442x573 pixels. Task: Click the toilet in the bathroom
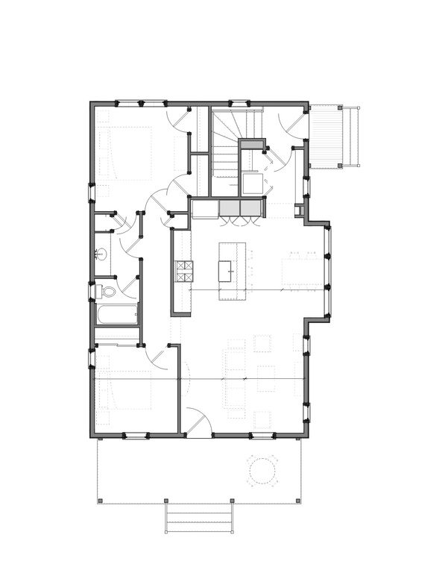(x=107, y=291)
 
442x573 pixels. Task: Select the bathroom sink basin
(x=102, y=255)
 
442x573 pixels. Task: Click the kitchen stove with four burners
(x=183, y=272)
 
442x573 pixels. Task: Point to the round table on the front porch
(x=262, y=470)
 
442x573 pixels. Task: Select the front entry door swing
(x=198, y=422)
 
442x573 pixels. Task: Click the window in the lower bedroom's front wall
(x=135, y=435)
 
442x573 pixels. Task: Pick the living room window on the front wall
(x=261, y=435)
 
